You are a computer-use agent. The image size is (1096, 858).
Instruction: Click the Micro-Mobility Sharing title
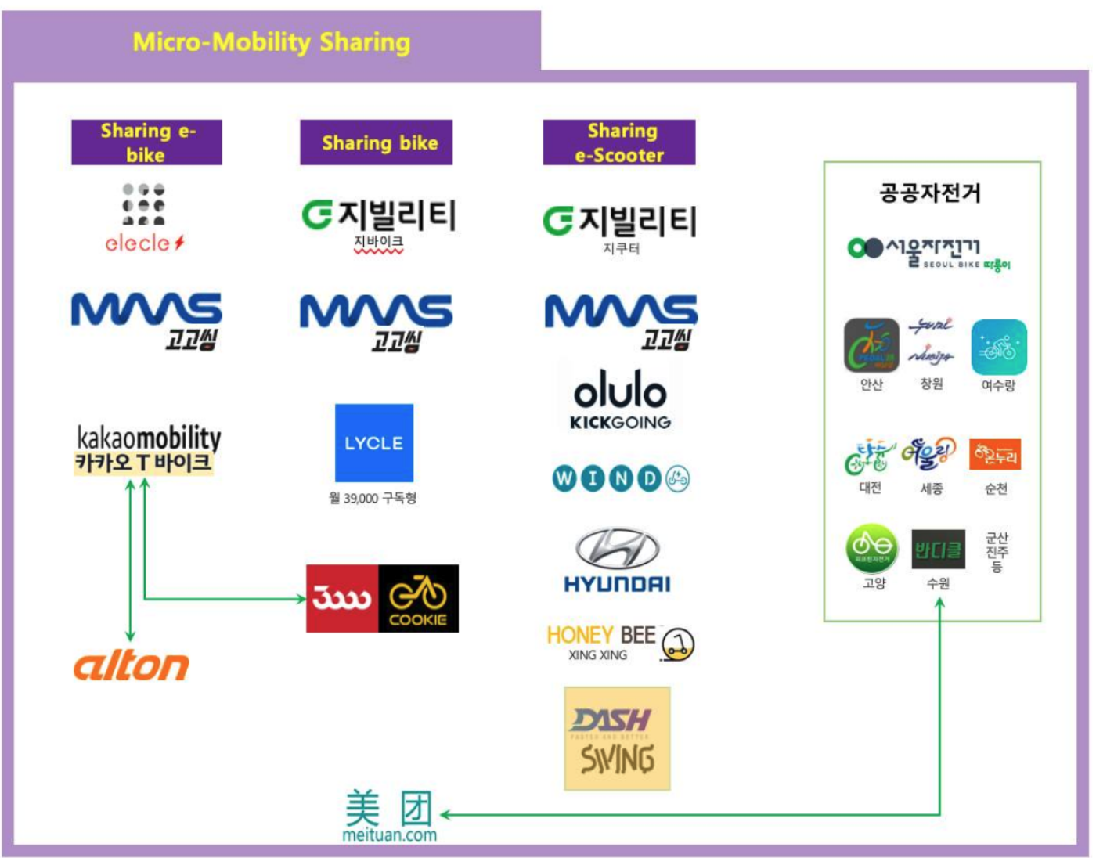[x=271, y=41]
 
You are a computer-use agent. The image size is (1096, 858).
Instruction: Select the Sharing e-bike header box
[x=146, y=142]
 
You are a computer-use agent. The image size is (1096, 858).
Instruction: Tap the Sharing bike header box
[x=377, y=142]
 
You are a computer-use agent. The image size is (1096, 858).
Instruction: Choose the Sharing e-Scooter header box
[x=619, y=142]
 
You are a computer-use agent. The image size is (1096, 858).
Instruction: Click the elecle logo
[x=144, y=219]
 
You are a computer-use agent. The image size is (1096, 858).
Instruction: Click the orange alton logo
[x=132, y=666]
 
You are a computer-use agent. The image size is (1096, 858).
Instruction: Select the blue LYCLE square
[x=374, y=443]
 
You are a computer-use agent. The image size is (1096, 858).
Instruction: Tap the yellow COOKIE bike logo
[x=418, y=599]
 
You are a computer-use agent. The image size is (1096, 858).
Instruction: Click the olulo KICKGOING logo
[x=620, y=400]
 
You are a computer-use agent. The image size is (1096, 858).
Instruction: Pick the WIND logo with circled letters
[x=620, y=478]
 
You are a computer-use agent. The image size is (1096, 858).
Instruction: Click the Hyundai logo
[x=618, y=559]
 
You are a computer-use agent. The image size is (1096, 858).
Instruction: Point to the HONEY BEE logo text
[x=600, y=636]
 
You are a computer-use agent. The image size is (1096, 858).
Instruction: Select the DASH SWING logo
[x=618, y=739]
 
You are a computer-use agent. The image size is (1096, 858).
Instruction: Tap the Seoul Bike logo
[x=928, y=253]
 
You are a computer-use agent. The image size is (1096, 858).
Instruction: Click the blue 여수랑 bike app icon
[x=999, y=347]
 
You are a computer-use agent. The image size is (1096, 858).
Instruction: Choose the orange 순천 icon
[x=995, y=454]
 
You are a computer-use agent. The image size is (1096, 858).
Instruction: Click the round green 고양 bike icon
[x=872, y=548]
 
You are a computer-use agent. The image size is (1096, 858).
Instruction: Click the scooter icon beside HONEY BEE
[x=678, y=644]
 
